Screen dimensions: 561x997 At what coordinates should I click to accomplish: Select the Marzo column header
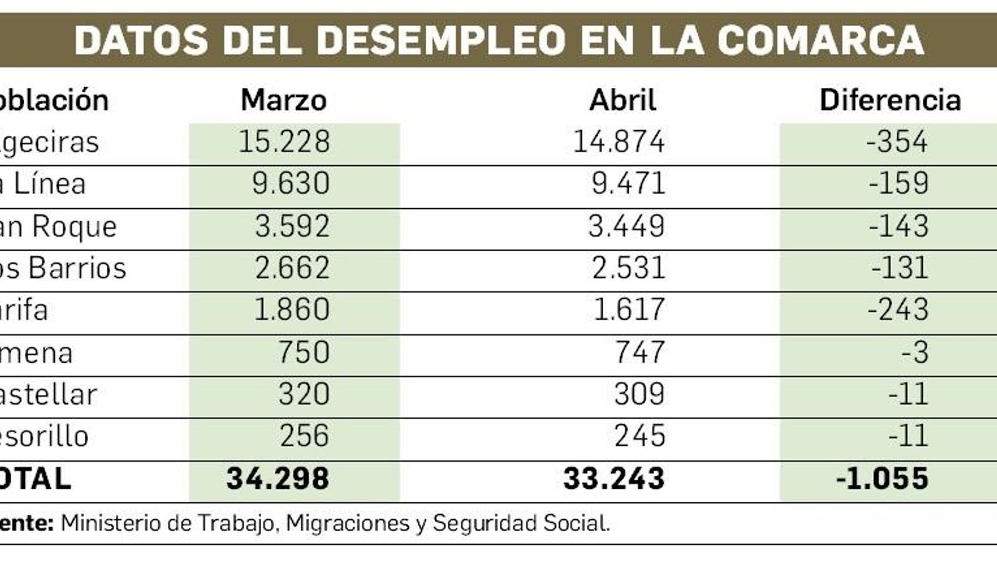pyautogui.click(x=284, y=100)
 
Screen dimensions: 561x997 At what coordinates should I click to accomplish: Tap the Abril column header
pyautogui.click(x=623, y=100)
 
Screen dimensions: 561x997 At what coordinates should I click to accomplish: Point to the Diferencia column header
pyautogui.click(x=890, y=100)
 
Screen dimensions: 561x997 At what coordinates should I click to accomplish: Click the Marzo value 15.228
pyautogui.click(x=284, y=142)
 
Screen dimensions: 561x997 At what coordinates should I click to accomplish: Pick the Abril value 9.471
pyautogui.click(x=628, y=184)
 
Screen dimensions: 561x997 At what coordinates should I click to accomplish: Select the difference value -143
pyautogui.click(x=899, y=226)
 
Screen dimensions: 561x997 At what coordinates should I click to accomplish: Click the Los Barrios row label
pyautogui.click(x=62, y=269)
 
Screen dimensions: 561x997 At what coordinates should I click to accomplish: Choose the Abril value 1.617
pyautogui.click(x=629, y=310)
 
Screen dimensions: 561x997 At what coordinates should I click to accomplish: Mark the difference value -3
pyautogui.click(x=915, y=353)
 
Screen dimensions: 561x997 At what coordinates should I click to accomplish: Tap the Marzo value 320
pyautogui.click(x=303, y=395)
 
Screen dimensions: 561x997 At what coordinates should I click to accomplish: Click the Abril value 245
pyautogui.click(x=639, y=436)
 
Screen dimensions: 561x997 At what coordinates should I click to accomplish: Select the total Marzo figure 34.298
pyautogui.click(x=278, y=479)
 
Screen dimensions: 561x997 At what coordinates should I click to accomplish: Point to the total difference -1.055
pyautogui.click(x=882, y=479)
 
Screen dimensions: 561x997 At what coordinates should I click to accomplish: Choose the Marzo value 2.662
pyautogui.click(x=292, y=269)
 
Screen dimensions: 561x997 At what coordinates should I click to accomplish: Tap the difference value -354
pyautogui.click(x=897, y=142)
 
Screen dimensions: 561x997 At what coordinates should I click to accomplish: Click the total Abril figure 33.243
pyautogui.click(x=614, y=479)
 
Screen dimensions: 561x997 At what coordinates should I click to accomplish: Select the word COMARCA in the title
pyautogui.click(x=820, y=41)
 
